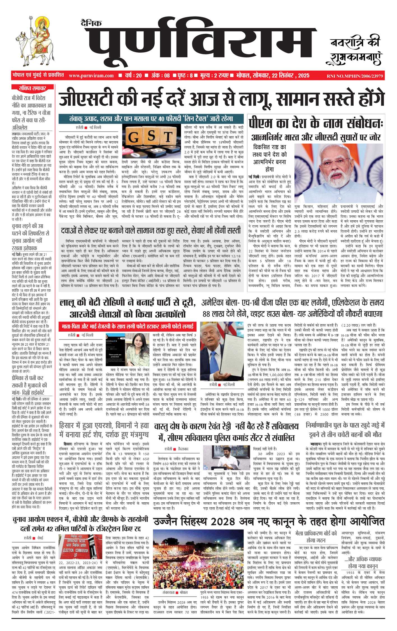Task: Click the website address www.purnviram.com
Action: click(x=91, y=76)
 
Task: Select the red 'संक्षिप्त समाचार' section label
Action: click(x=32, y=89)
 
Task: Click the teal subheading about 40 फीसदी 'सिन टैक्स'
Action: click(x=151, y=119)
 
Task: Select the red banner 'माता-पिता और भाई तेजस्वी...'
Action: click(x=128, y=326)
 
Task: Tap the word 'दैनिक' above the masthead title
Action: click(x=91, y=24)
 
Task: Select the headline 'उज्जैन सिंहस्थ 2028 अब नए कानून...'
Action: click(x=269, y=522)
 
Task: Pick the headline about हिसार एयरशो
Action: click(x=104, y=430)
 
